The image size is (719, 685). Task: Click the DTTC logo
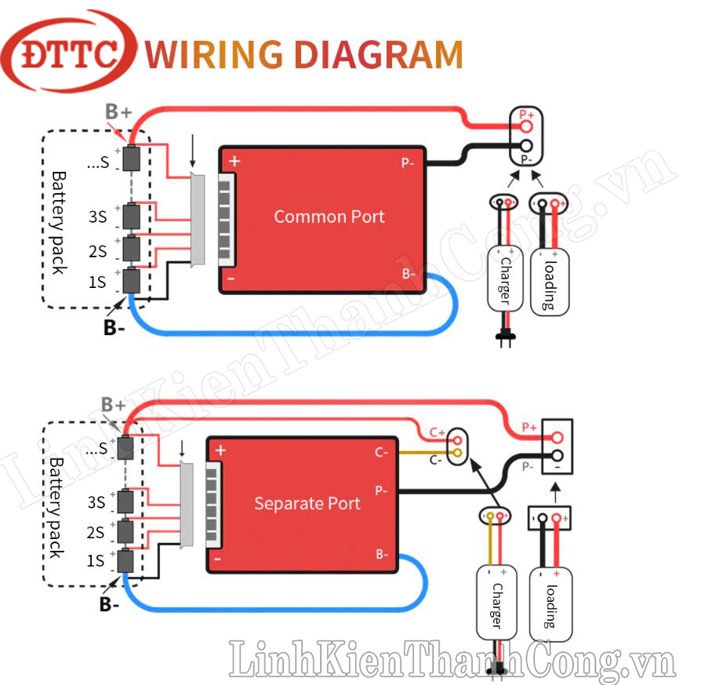click(69, 51)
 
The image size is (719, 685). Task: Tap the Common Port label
click(329, 217)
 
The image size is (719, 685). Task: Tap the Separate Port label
click(307, 503)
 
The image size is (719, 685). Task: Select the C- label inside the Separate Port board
click(382, 453)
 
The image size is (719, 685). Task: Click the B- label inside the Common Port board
click(409, 274)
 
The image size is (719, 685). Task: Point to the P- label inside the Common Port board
click(408, 163)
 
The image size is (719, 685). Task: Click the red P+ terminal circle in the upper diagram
click(526, 126)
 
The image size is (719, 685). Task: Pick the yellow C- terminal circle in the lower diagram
click(457, 454)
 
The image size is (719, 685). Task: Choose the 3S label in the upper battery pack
click(97, 217)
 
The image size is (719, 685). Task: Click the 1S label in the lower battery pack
click(96, 561)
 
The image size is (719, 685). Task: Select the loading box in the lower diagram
click(550, 605)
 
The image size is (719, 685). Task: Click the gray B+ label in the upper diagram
click(118, 111)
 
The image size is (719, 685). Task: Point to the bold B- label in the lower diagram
click(109, 604)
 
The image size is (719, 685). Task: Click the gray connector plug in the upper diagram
click(198, 220)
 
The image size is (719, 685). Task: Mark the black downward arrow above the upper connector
click(193, 151)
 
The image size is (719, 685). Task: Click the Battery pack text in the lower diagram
click(55, 508)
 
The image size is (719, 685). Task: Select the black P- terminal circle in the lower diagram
click(557, 456)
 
